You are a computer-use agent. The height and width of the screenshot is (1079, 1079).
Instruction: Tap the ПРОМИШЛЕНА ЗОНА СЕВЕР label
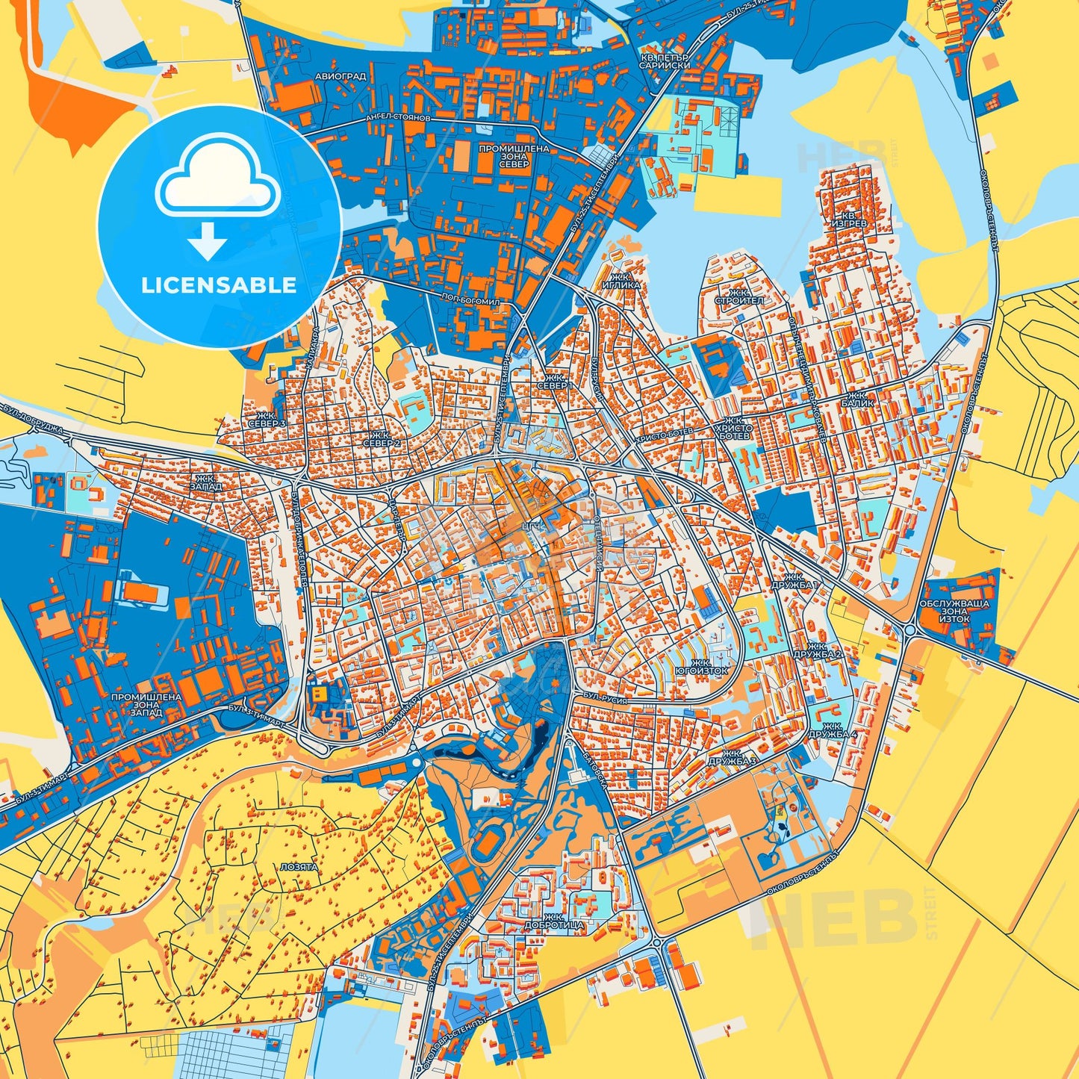(514, 157)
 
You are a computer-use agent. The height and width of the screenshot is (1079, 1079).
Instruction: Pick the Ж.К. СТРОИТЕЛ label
(738, 296)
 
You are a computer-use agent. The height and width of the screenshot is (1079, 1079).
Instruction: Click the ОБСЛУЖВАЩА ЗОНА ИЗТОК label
(954, 611)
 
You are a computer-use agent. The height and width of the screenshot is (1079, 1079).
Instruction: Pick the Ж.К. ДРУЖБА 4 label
(838, 730)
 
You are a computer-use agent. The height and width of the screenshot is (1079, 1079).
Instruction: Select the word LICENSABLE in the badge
(219, 285)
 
